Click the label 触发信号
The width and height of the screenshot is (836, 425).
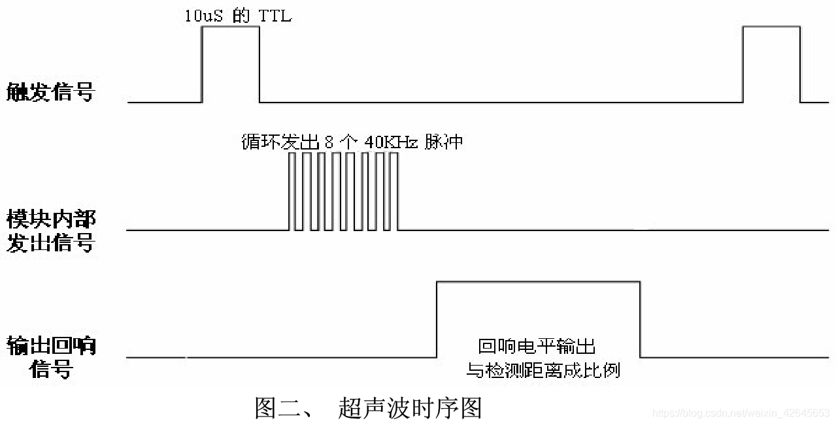[50, 93]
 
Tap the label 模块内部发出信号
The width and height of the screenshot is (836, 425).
[51, 230]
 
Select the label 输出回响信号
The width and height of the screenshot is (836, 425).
[51, 356]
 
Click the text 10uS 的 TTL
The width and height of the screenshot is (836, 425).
[237, 16]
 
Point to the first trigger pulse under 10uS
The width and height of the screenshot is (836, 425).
[230, 64]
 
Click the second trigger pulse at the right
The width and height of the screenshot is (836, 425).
[771, 64]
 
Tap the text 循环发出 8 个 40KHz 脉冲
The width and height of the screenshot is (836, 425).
[352, 142]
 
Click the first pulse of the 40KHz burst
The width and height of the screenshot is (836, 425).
[292, 191]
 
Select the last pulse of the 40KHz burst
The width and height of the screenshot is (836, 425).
[394, 191]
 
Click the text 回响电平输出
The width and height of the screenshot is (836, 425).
[537, 346]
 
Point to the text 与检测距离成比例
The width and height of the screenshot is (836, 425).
[543, 371]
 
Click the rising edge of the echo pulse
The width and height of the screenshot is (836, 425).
[437, 319]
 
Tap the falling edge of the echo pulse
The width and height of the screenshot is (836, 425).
[640, 319]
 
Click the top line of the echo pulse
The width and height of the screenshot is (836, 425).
[538, 282]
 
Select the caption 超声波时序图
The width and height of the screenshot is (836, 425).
[410, 408]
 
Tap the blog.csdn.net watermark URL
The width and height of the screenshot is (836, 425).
[741, 413]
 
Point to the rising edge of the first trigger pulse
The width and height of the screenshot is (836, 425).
[202, 64]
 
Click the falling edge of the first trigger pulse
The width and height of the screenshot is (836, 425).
[259, 64]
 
